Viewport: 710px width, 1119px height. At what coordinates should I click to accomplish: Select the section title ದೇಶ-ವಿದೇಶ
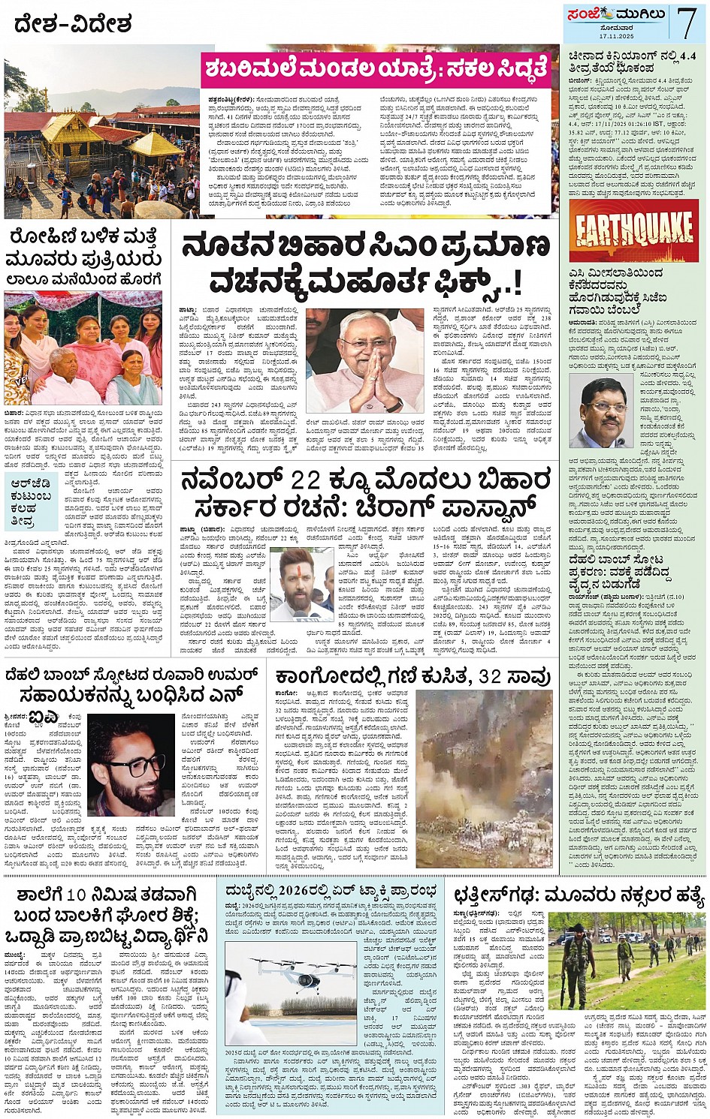tap(72, 24)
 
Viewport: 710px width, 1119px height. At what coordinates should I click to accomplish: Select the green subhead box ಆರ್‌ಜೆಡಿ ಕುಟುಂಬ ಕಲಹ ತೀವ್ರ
tap(30, 500)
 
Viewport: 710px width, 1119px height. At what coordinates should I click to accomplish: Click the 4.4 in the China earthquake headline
tap(686, 56)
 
